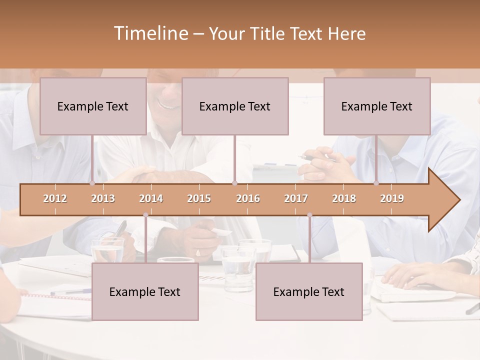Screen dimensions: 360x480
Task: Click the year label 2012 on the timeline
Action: [55, 198]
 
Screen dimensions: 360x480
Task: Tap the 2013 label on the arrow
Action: [103, 198]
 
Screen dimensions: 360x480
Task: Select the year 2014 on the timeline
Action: [151, 198]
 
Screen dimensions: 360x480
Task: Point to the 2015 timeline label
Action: [199, 198]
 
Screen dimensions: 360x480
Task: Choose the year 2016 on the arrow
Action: [248, 198]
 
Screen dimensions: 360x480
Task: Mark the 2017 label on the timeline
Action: [296, 198]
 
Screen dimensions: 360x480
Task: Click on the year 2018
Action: [344, 198]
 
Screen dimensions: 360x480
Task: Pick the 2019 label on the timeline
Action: [392, 198]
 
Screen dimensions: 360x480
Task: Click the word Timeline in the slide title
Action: [150, 33]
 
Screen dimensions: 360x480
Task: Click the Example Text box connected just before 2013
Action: [93, 106]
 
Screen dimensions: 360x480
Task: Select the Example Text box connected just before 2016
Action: [235, 106]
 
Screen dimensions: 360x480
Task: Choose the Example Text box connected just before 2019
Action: [377, 106]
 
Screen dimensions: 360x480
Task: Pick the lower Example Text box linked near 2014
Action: [145, 291]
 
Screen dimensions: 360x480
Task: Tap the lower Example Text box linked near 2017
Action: [309, 291]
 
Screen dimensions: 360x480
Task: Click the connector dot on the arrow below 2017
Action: [309, 215]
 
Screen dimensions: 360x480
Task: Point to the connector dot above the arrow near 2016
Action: [234, 183]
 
